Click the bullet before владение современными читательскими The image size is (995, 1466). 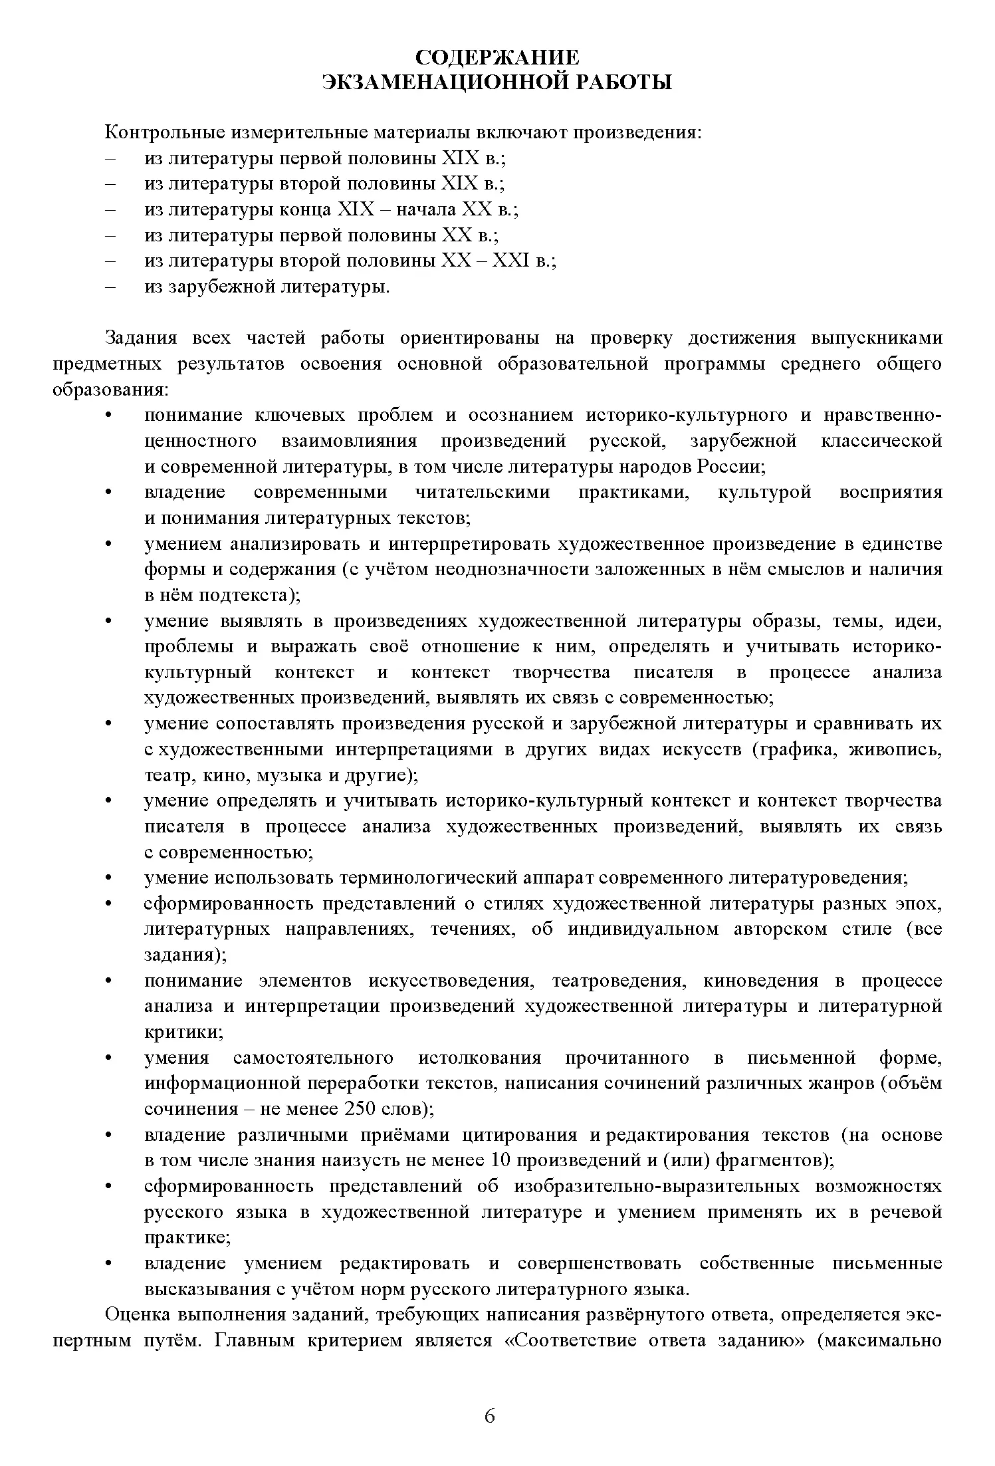(x=108, y=493)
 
